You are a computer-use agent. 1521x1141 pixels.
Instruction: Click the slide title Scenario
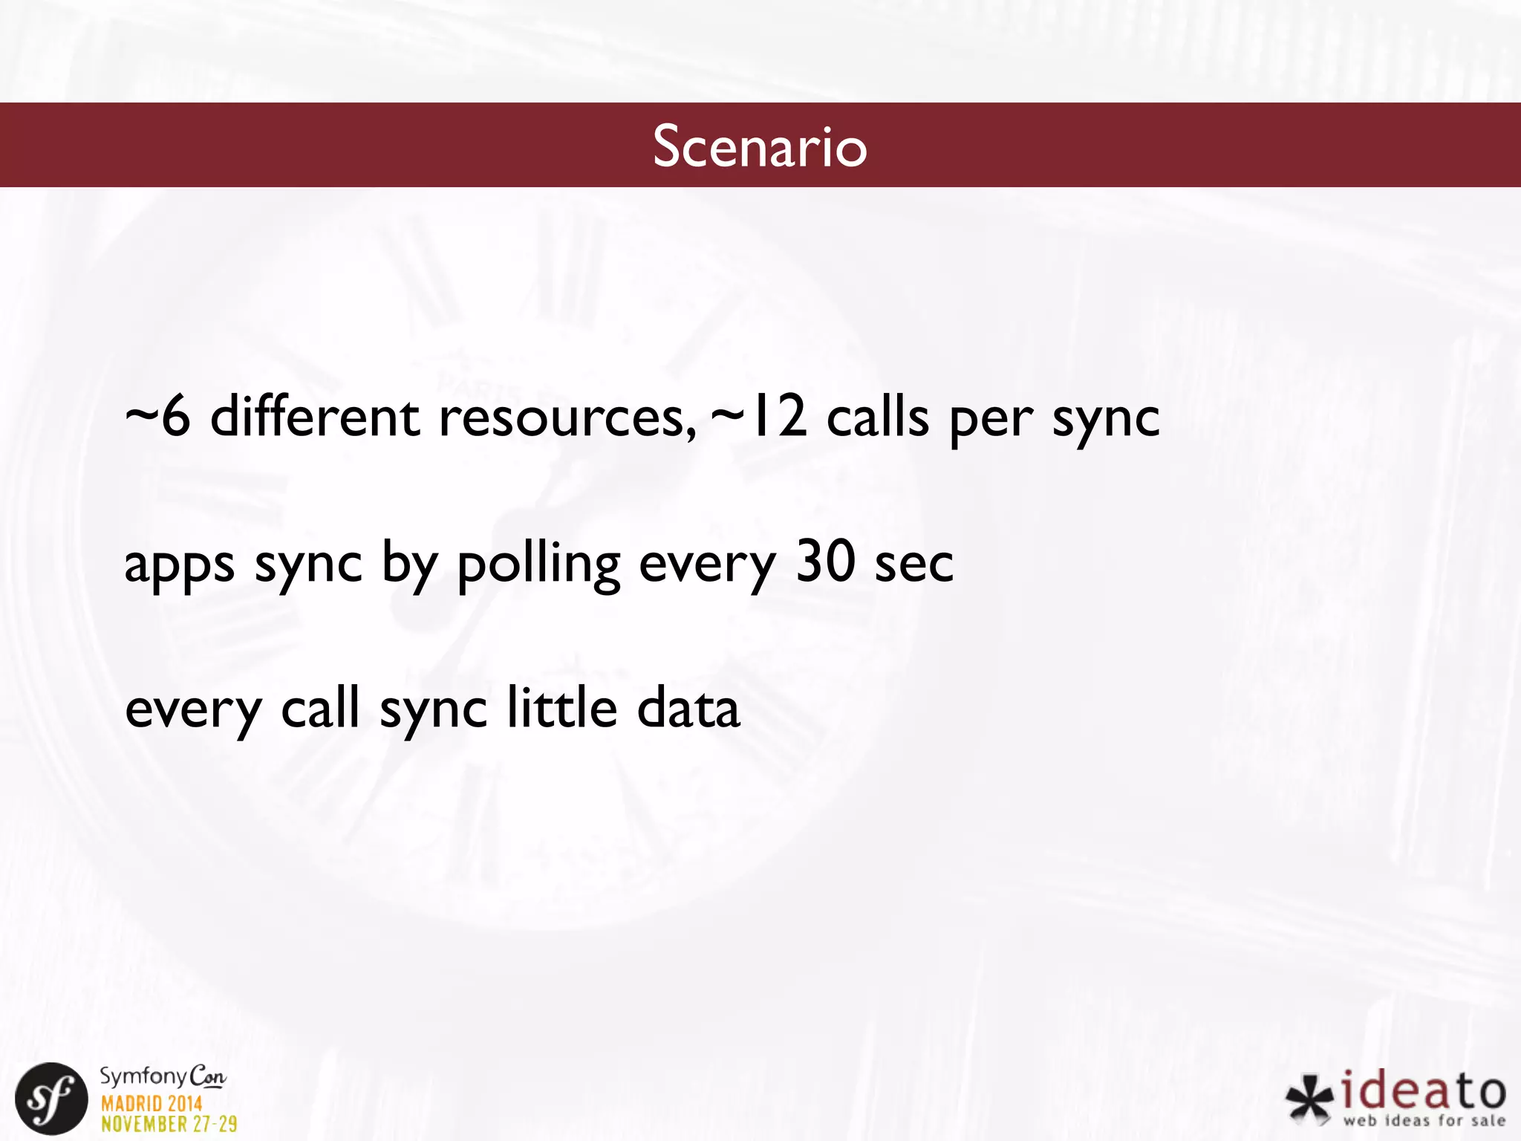click(x=760, y=146)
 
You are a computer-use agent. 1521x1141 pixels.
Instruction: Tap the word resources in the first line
click(x=567, y=418)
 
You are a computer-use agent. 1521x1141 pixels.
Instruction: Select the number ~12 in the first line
click(x=758, y=417)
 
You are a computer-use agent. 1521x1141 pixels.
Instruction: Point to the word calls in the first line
click(x=877, y=417)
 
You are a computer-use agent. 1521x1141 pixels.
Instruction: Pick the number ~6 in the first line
click(x=157, y=417)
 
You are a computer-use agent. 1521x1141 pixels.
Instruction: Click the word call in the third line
click(x=320, y=707)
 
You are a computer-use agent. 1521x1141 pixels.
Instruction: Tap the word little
click(x=561, y=707)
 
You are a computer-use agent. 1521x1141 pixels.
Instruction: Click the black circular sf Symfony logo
click(x=51, y=1099)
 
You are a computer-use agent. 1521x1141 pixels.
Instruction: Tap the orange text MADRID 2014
click(x=152, y=1103)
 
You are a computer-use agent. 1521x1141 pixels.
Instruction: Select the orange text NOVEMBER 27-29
click(x=169, y=1124)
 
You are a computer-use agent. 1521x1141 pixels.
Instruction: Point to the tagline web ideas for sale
click(x=1424, y=1120)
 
